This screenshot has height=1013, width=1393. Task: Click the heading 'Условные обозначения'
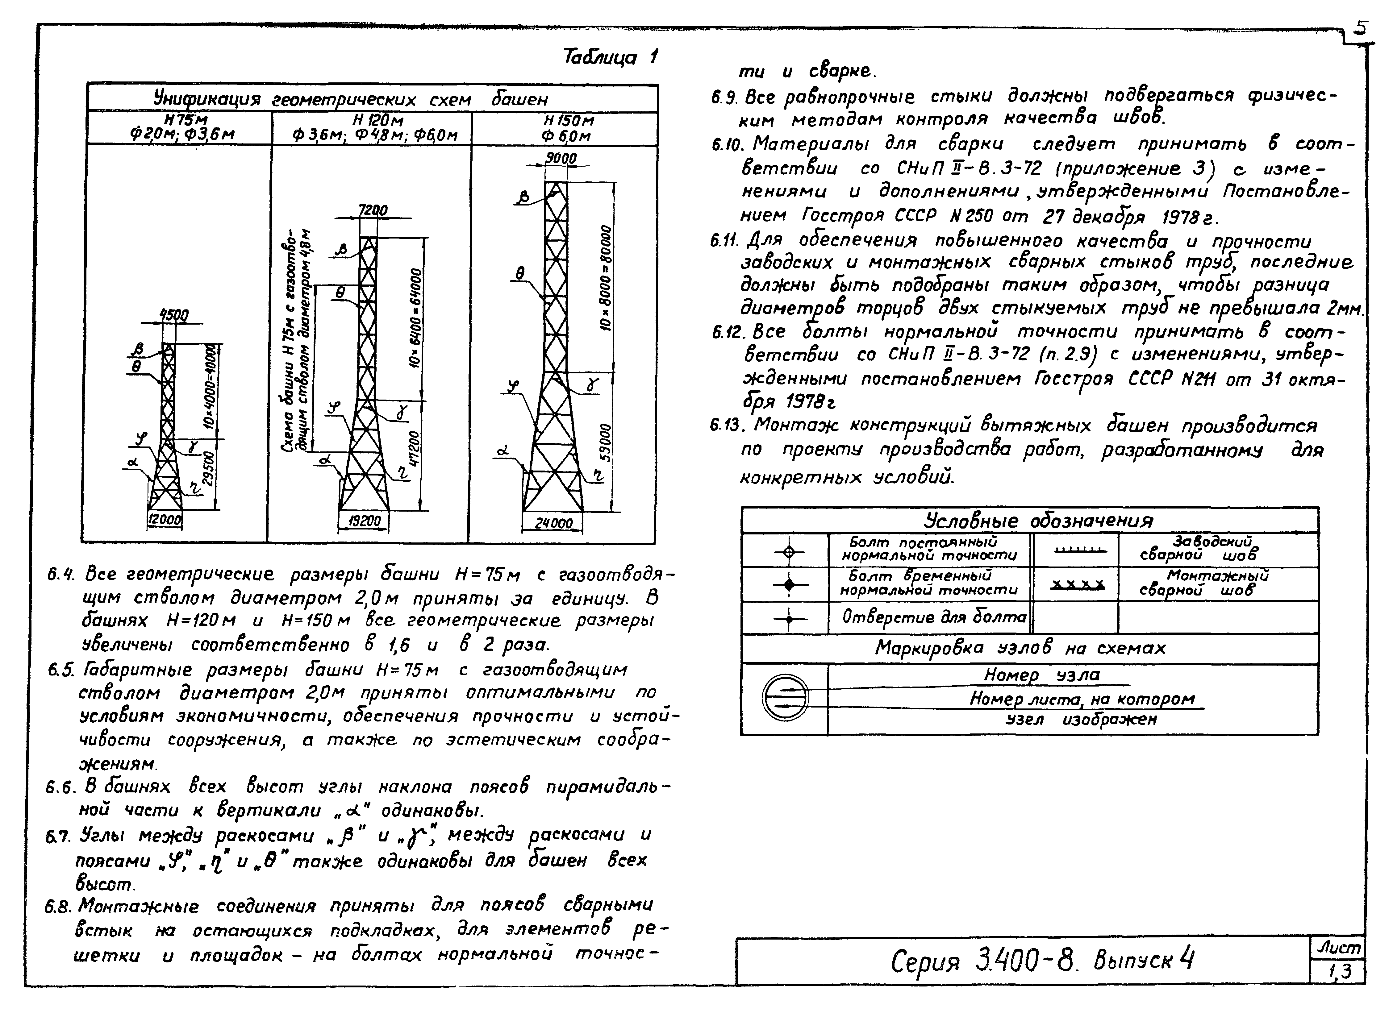(x=1038, y=521)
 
